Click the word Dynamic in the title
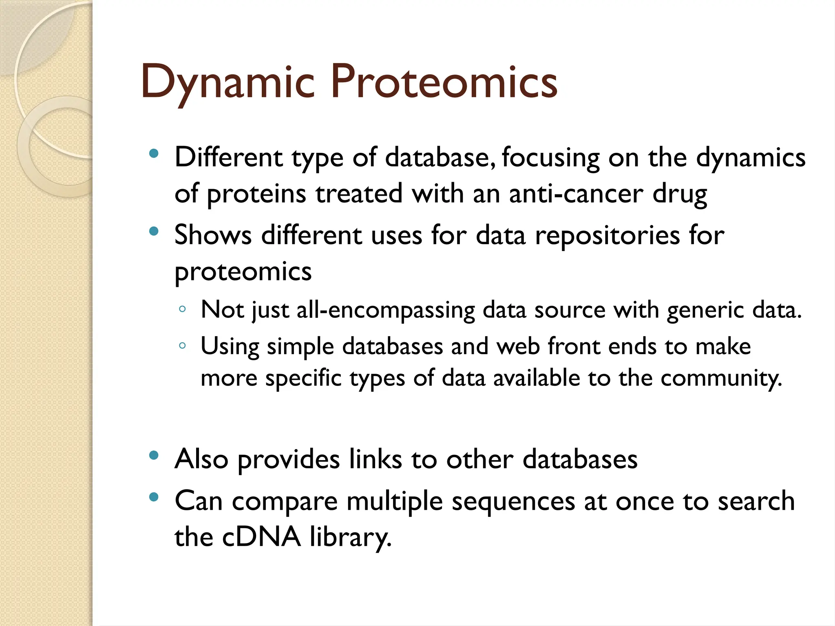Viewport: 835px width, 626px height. tap(228, 83)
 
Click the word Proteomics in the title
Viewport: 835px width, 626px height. tap(444, 83)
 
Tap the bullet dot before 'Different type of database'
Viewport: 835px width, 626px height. tap(154, 154)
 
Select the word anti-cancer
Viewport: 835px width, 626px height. tap(576, 194)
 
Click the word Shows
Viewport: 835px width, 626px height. tap(213, 236)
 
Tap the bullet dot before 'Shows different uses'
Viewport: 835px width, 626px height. tap(154, 231)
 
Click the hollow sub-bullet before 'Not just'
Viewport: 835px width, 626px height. tap(182, 309)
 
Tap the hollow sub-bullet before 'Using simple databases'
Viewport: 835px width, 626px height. tap(182, 346)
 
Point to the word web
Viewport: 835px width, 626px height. tap(518, 347)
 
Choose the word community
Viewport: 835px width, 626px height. tap(721, 379)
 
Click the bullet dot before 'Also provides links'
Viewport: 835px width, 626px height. tap(154, 456)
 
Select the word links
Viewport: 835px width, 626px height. tap(375, 460)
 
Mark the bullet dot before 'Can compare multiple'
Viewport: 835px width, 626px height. tap(154, 497)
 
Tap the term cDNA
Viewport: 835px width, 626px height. tap(261, 537)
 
